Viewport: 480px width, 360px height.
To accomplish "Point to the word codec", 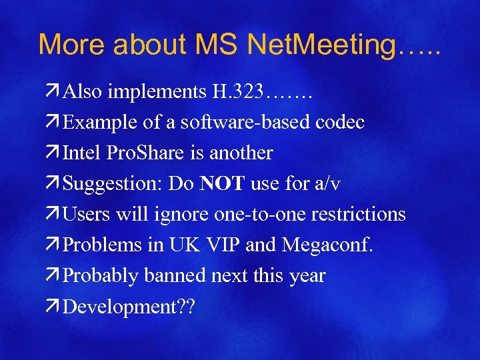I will click(x=340, y=123).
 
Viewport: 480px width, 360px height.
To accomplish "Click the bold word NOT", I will click(x=223, y=184).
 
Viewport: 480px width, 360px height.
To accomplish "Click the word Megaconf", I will click(x=328, y=245).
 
